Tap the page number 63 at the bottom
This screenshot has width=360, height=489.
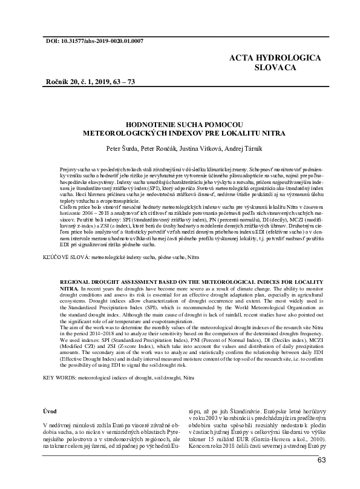pos(322,461)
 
